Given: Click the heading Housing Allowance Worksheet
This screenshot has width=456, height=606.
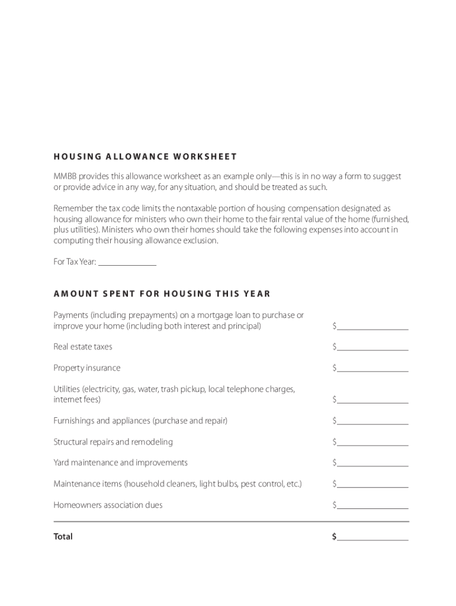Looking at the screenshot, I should click(145, 157).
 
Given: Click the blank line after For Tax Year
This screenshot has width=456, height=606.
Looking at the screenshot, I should click(127, 262).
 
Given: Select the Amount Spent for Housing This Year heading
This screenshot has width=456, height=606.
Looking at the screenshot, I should click(162, 294).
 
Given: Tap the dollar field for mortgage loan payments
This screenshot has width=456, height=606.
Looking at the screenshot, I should click(372, 325).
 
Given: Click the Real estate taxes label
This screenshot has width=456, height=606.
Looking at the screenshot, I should click(83, 347).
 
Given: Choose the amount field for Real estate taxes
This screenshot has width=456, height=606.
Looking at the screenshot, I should click(372, 346).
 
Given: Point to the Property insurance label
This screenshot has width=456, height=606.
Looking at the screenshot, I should click(87, 368).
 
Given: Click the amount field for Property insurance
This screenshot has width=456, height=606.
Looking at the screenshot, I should click(372, 368).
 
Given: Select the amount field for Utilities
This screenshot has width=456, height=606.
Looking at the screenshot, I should click(372, 399).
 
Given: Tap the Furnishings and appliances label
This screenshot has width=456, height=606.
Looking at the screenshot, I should click(140, 421).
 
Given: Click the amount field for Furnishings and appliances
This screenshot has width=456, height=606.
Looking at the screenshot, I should click(372, 420).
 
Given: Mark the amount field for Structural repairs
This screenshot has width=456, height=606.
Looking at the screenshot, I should click(372, 441).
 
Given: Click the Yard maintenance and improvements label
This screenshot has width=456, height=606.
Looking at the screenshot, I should click(121, 463).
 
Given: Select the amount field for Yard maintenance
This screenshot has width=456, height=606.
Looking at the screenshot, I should click(372, 462).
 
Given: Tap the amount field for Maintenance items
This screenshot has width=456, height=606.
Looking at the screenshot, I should click(372, 483).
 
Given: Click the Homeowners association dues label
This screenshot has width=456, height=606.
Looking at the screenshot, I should click(108, 505).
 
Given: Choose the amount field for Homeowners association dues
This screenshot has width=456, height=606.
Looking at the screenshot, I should click(372, 505).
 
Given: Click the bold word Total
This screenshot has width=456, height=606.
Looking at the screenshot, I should click(63, 537).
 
